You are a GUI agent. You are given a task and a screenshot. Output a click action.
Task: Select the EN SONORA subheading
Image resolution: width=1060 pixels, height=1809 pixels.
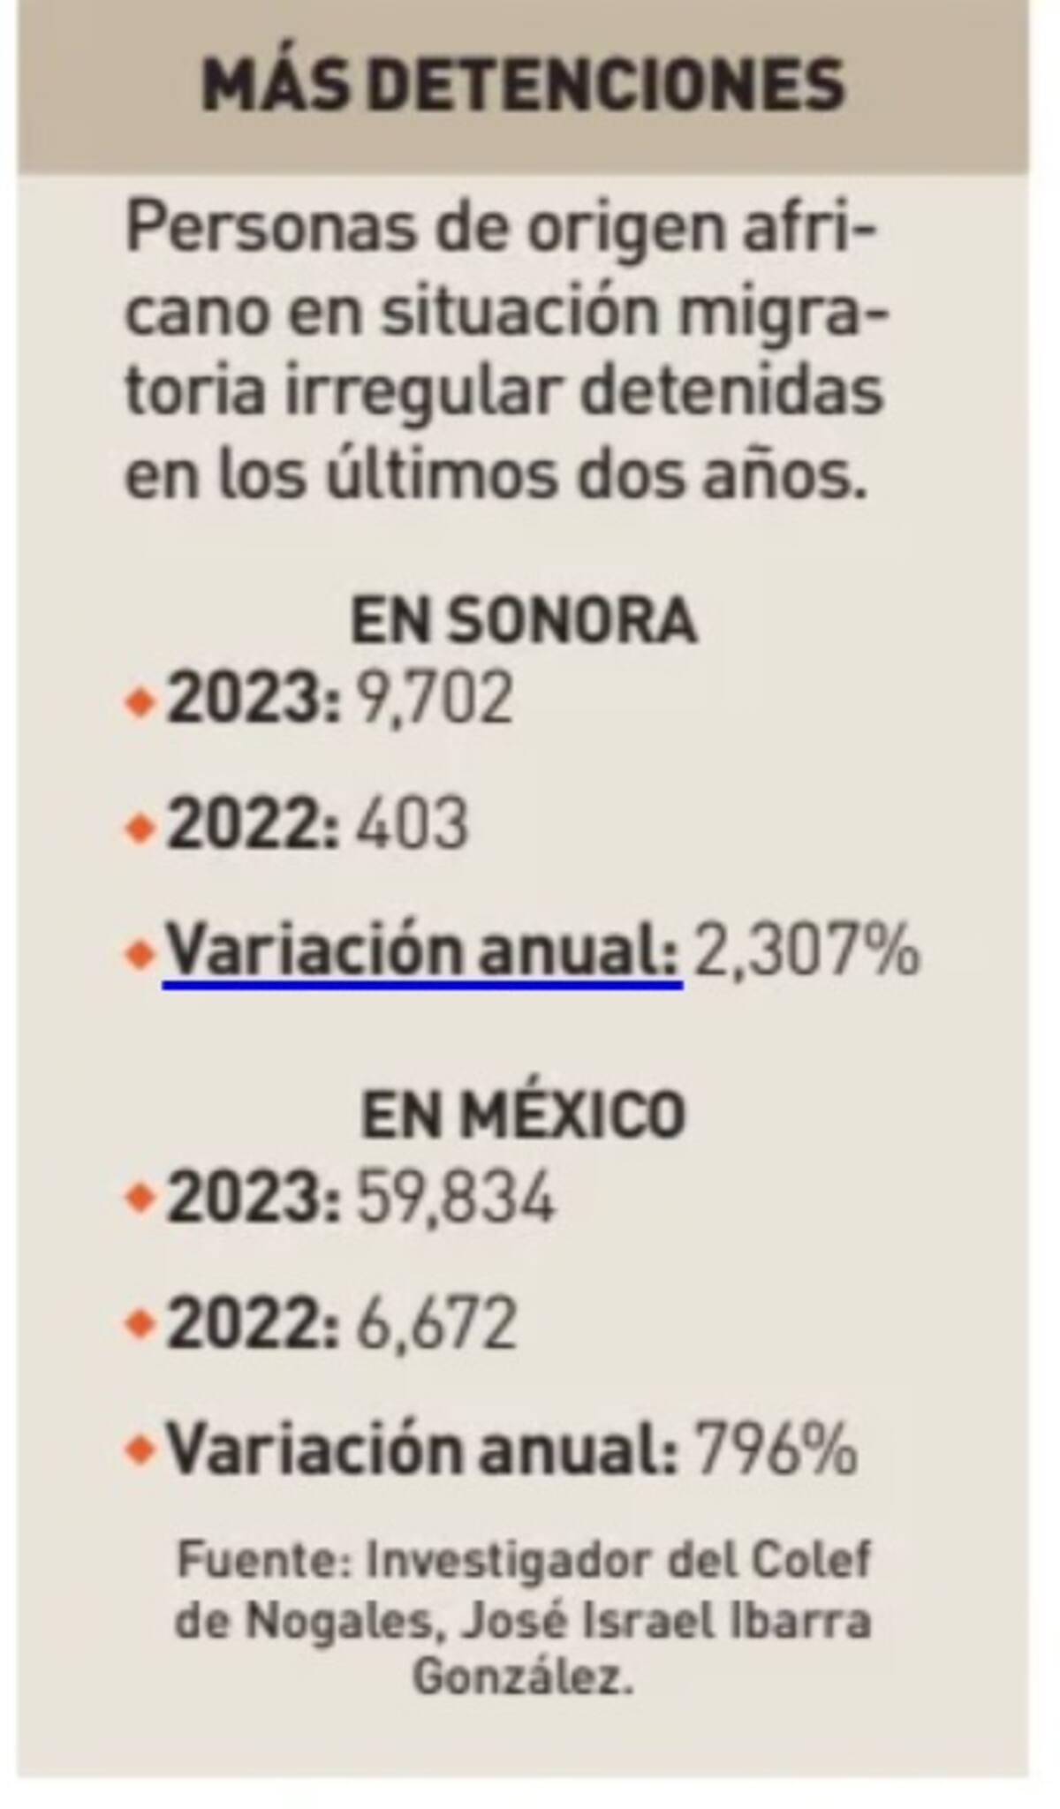click(524, 621)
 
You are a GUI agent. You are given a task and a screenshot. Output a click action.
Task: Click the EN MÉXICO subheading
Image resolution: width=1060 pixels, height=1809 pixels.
click(524, 1115)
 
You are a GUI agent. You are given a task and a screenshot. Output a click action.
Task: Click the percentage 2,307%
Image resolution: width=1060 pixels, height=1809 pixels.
click(806, 951)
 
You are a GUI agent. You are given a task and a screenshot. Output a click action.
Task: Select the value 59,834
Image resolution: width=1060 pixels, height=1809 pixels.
click(456, 1198)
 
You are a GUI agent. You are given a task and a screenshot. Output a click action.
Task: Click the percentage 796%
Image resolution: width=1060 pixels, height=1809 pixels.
click(776, 1449)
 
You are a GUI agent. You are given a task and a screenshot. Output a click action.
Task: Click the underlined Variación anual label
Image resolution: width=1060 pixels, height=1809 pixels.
click(423, 951)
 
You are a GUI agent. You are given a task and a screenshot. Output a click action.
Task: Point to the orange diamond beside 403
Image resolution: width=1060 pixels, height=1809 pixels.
click(140, 828)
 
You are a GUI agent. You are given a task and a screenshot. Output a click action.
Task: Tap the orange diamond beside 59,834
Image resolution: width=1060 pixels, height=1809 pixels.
click(140, 1199)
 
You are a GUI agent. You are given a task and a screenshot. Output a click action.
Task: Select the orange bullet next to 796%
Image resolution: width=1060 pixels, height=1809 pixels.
click(140, 1450)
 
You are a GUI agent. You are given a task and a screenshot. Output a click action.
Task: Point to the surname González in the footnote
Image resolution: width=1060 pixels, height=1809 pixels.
click(524, 1677)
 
